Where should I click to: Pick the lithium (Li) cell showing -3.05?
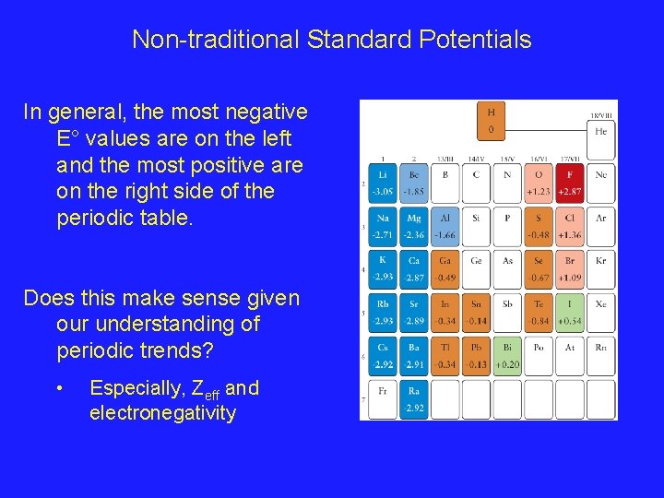[382, 183]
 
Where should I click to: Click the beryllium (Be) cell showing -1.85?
[414, 183]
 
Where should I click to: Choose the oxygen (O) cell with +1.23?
[539, 183]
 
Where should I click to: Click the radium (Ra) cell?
[414, 398]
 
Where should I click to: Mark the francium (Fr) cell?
[382, 398]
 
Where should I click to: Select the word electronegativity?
[162, 413]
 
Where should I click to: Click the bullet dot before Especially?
[59, 389]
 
